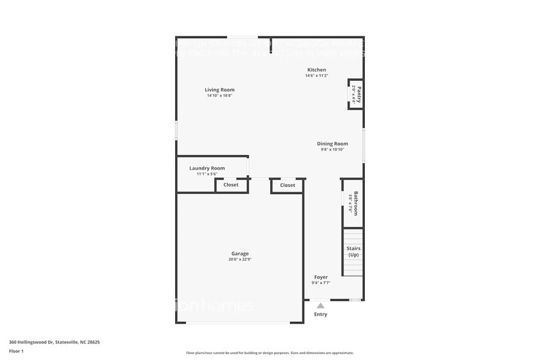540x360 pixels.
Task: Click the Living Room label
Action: coord(219,90)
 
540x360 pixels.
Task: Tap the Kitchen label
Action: coord(317,70)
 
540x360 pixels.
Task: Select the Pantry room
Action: coord(356,94)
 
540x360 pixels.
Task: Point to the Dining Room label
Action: coord(332,144)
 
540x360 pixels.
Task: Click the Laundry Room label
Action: coord(207,168)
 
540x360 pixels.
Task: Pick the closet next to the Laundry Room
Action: coord(231,185)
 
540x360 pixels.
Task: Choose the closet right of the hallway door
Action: coord(287,185)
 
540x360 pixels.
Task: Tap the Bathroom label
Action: coord(355,203)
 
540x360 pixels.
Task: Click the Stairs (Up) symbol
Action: coord(353,252)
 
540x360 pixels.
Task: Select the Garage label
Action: coord(240,253)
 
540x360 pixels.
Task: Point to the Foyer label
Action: coord(321,277)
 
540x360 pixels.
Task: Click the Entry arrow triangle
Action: coord(320,305)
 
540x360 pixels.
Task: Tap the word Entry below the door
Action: coord(321,315)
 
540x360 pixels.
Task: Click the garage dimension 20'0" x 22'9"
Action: coord(240,260)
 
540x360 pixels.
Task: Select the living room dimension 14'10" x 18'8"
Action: coord(219,96)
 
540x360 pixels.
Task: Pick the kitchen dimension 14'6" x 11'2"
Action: coord(317,76)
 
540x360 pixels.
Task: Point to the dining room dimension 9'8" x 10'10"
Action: coord(332,149)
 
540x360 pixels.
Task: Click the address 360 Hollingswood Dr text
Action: coord(54,342)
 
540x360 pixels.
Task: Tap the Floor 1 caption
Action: coord(16,351)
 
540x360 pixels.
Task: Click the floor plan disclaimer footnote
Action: coord(269,353)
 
